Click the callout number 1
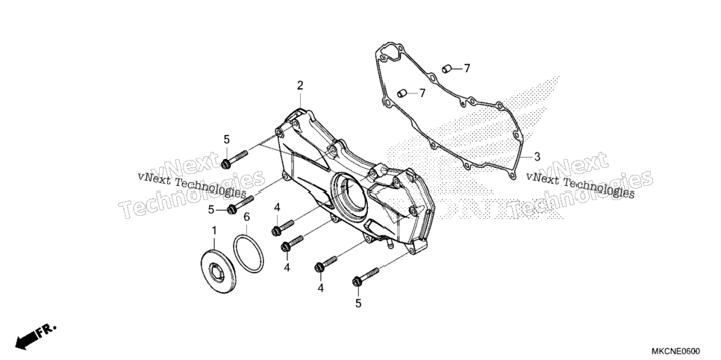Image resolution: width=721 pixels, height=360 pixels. [213, 230]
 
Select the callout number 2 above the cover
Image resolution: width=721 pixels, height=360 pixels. [300, 85]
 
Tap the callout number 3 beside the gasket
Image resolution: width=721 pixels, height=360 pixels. [537, 157]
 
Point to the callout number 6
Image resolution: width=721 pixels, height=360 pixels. [246, 217]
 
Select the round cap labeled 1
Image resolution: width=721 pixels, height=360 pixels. [219, 270]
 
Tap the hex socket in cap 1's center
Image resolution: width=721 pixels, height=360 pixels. [216, 273]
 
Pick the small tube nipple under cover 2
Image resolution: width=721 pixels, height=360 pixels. [387, 243]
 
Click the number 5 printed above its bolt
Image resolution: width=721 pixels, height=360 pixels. [226, 139]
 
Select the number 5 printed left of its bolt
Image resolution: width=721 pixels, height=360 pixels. [210, 210]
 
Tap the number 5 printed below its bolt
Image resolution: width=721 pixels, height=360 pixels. [358, 303]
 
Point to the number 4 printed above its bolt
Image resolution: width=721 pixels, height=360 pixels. [277, 208]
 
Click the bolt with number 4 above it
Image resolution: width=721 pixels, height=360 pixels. [283, 227]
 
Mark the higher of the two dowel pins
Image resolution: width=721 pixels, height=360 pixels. [445, 69]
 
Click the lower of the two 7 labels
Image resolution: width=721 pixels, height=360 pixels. [422, 93]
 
